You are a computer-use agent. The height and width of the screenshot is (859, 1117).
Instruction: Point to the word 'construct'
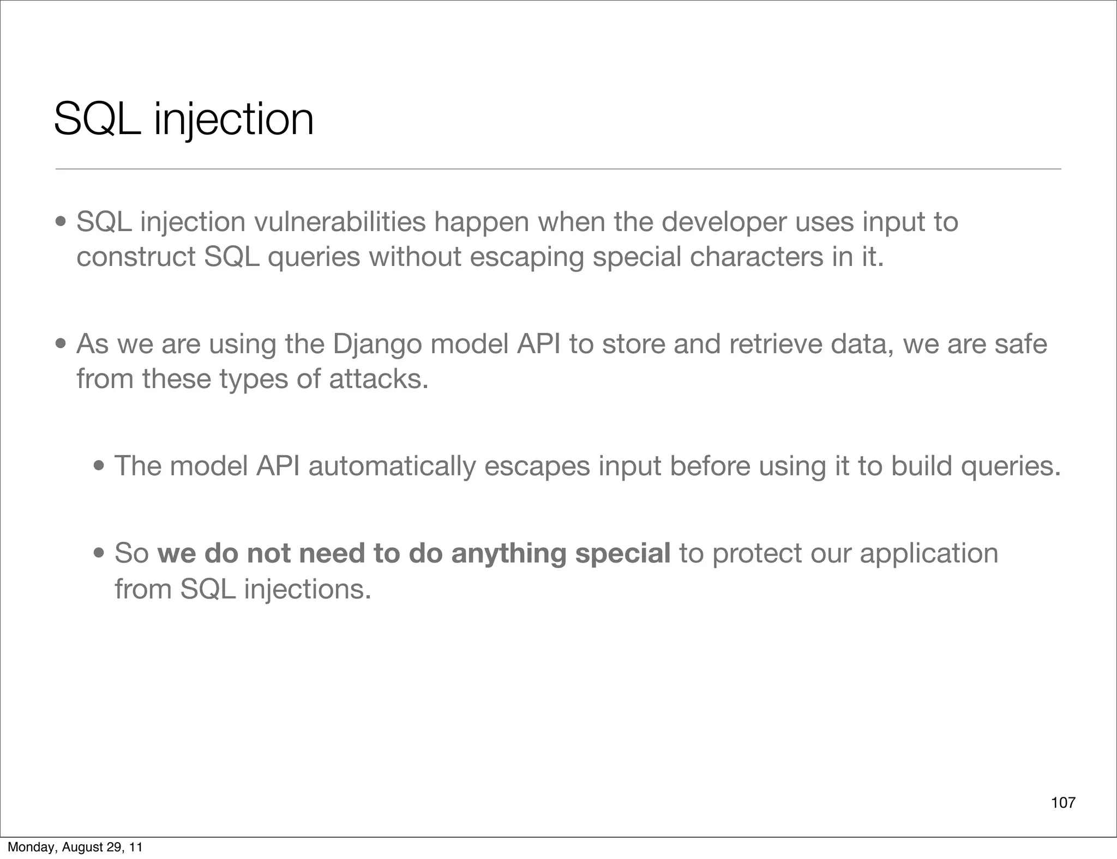click(136, 257)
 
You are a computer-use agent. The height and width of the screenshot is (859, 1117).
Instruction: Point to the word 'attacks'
click(378, 379)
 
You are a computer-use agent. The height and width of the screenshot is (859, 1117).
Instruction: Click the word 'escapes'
click(537, 467)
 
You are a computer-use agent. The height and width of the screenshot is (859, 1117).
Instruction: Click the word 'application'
click(928, 554)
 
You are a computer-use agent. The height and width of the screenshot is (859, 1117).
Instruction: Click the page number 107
click(1063, 803)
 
